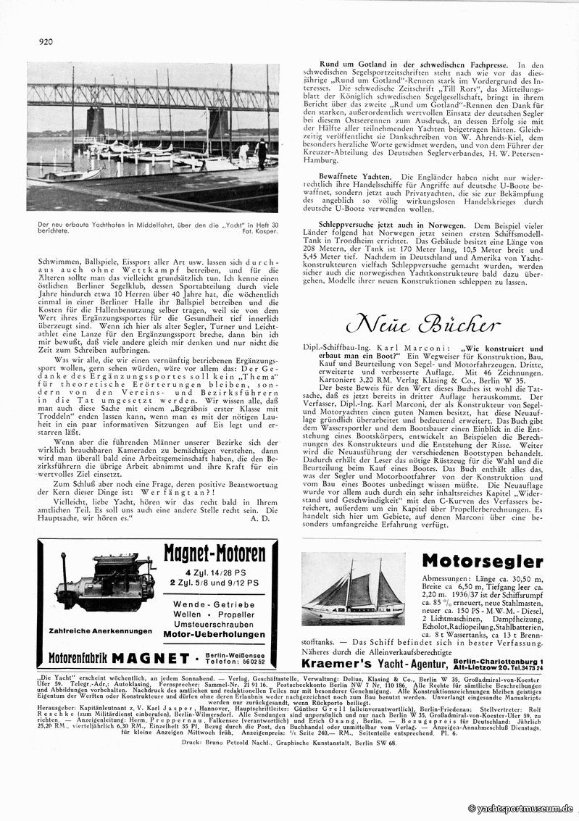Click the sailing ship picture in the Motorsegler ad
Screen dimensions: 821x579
pyautogui.click(x=353, y=591)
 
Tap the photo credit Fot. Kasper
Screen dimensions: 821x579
pyautogui.click(x=259, y=232)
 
